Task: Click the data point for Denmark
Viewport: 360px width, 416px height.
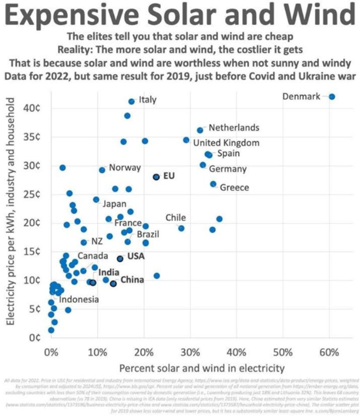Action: click(x=332, y=97)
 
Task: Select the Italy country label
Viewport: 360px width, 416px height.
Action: click(x=147, y=100)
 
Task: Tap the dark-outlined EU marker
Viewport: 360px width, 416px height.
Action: click(x=156, y=177)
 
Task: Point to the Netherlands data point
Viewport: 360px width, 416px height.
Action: click(x=200, y=130)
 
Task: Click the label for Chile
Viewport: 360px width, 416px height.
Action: click(x=176, y=218)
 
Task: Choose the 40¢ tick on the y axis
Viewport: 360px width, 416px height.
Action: click(x=32, y=108)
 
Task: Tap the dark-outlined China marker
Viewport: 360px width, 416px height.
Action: click(x=113, y=284)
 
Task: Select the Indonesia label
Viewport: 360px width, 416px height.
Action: click(x=79, y=299)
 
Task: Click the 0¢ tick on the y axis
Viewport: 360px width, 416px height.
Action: click(x=34, y=337)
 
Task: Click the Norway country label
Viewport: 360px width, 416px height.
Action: click(x=125, y=167)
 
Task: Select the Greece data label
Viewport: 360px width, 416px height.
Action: click(x=235, y=188)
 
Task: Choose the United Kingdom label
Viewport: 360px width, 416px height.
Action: click(x=226, y=143)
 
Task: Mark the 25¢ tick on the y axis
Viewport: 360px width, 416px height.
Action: click(x=32, y=194)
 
